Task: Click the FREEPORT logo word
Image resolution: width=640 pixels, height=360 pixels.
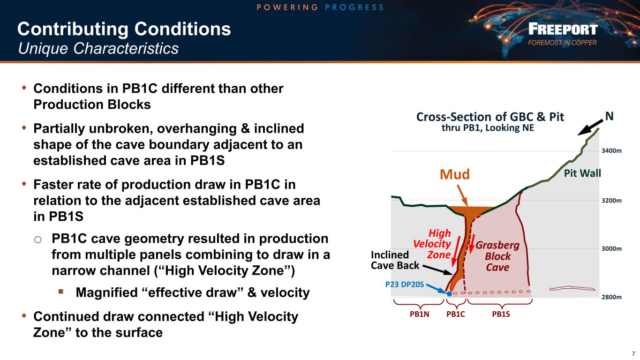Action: tap(563, 29)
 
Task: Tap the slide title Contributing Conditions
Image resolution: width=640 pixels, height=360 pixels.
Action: tap(124, 29)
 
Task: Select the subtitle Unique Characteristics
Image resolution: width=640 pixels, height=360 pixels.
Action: tap(98, 48)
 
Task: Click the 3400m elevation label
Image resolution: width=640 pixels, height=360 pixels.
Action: tap(612, 150)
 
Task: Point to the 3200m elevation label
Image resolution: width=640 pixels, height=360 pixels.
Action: tap(612, 201)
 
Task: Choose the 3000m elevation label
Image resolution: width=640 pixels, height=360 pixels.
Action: tap(612, 248)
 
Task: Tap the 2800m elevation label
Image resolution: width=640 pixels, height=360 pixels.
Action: tap(612, 297)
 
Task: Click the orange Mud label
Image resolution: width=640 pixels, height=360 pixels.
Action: tap(455, 174)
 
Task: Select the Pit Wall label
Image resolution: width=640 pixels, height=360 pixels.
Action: tap(583, 173)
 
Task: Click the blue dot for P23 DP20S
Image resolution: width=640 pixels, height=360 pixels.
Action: tap(450, 293)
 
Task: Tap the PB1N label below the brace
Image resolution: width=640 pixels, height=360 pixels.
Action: tap(420, 314)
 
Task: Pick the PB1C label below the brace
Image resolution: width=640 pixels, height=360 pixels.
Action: tap(456, 314)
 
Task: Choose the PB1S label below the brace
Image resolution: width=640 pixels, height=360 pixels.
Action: tap(501, 314)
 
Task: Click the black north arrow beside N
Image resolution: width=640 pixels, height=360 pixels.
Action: tap(590, 127)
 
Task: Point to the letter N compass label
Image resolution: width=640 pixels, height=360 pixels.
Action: tap(610, 116)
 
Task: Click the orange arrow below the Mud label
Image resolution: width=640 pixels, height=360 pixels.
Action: tap(462, 195)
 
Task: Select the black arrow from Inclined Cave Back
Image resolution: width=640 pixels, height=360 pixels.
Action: tap(437, 270)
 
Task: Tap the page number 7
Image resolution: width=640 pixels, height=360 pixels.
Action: tap(633, 354)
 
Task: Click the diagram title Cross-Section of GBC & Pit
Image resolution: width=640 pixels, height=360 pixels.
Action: tap(490, 117)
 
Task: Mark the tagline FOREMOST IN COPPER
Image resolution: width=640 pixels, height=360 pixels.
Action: tap(562, 43)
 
